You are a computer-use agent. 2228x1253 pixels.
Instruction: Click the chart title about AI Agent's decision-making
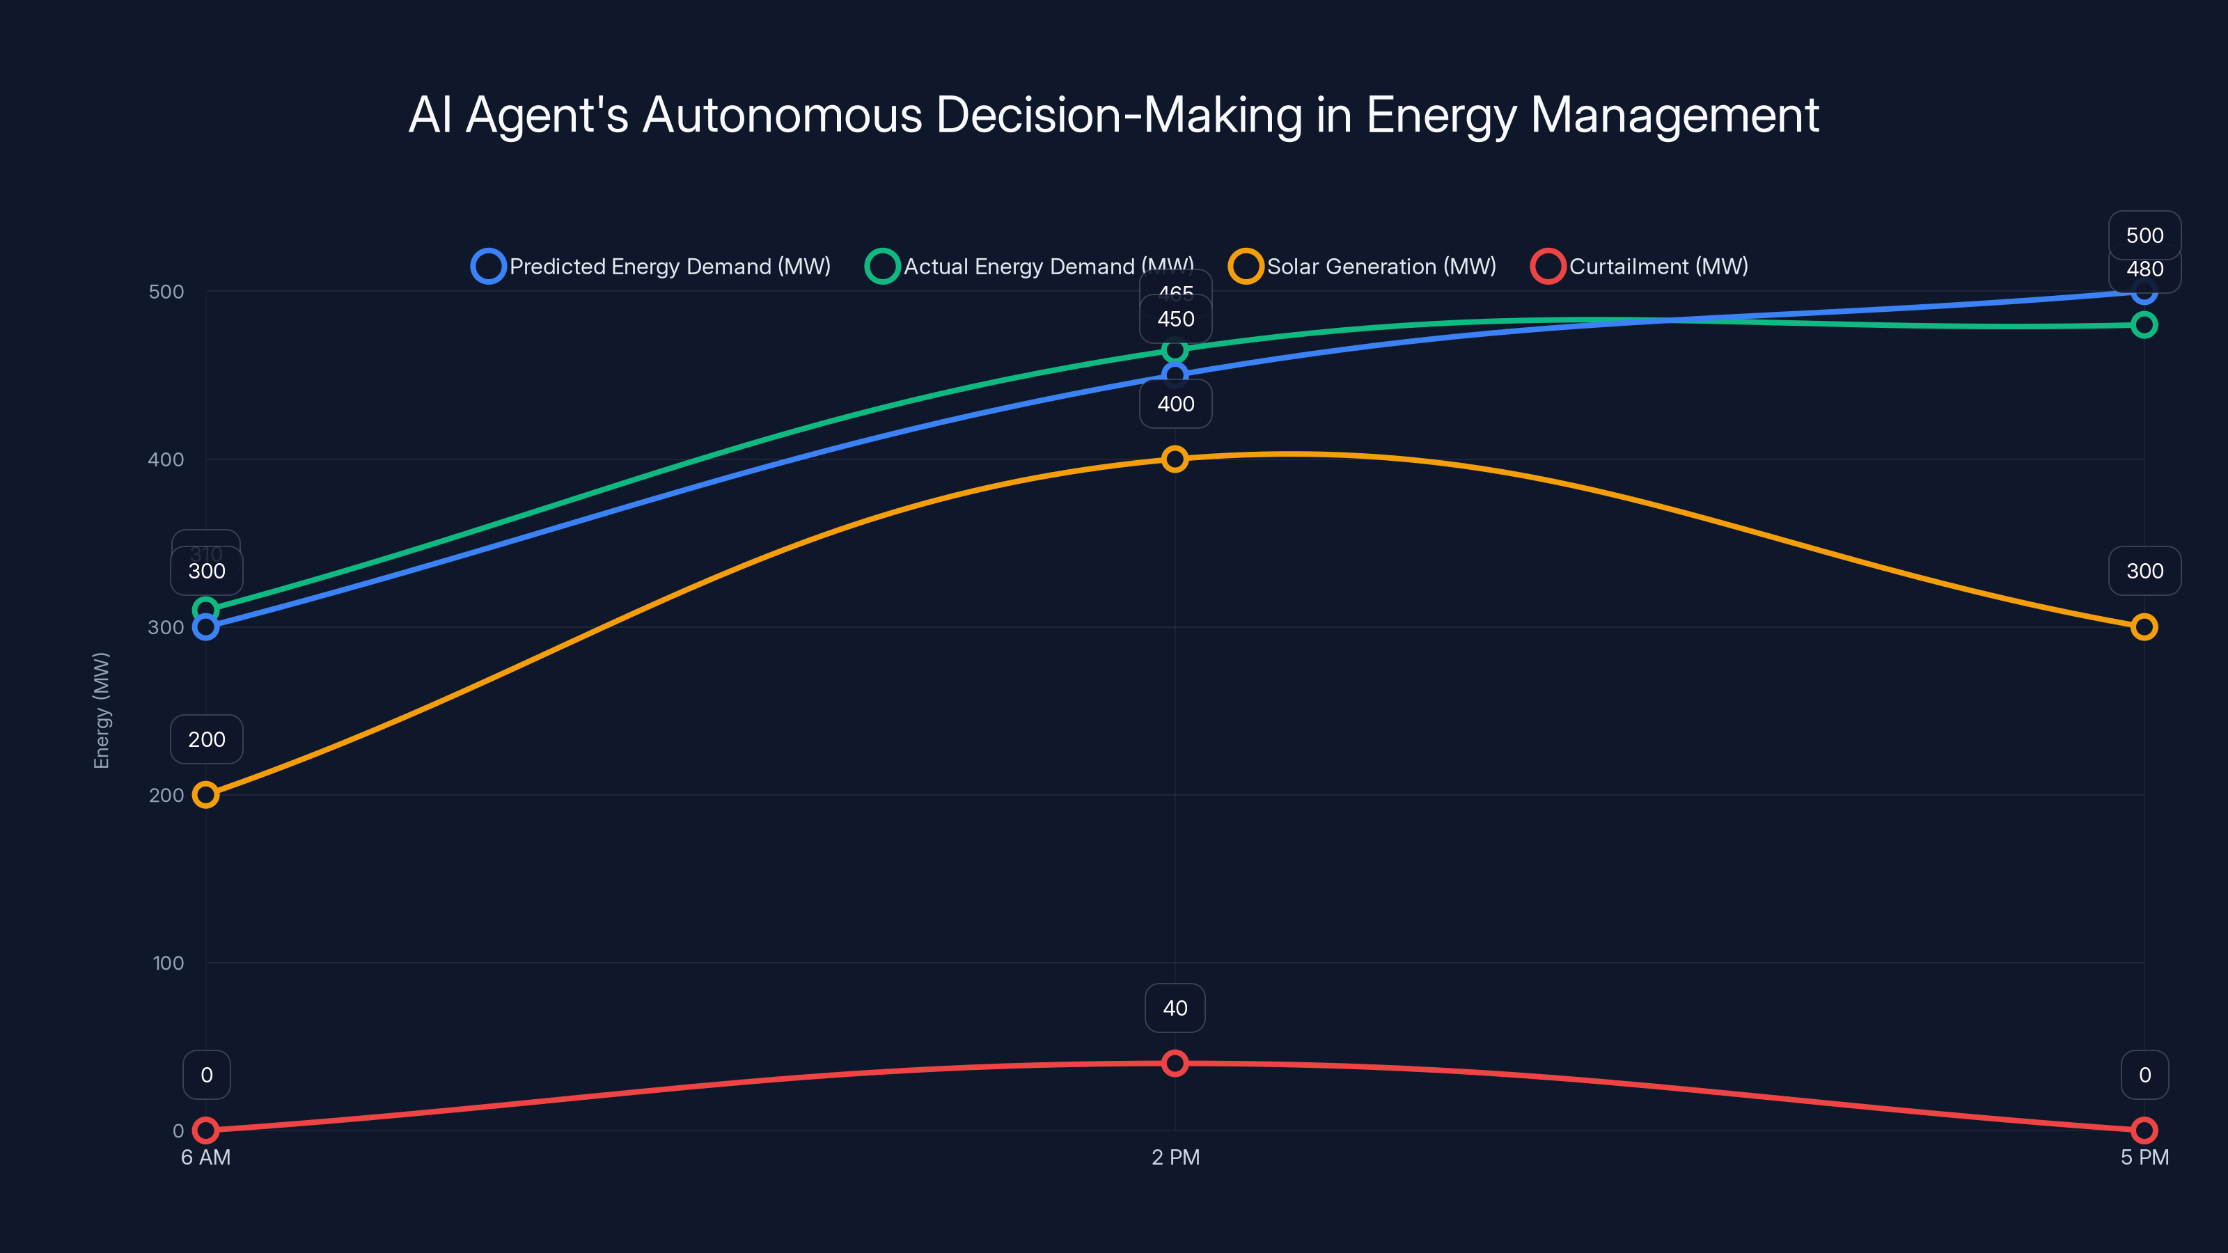click(x=1113, y=115)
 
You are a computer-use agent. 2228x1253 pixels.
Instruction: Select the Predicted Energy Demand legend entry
click(x=651, y=267)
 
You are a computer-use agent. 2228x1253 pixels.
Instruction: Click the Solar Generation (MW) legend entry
click(x=1363, y=267)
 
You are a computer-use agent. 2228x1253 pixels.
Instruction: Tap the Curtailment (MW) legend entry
click(x=1640, y=267)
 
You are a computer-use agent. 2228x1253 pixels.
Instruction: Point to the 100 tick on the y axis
click(x=168, y=963)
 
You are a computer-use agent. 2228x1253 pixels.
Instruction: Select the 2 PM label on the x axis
click(x=1175, y=1158)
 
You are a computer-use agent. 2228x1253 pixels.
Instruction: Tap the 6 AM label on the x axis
click(x=206, y=1158)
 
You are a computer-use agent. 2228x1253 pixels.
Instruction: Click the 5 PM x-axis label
click(x=2144, y=1158)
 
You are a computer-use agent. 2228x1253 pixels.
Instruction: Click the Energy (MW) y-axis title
click(x=102, y=710)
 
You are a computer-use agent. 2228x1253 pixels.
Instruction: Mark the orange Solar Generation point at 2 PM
click(x=1175, y=459)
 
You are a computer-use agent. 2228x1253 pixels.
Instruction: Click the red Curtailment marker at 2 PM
click(x=1175, y=1063)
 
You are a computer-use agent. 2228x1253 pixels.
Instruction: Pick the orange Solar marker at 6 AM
click(x=206, y=795)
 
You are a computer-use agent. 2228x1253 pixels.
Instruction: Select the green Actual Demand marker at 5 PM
click(x=2144, y=325)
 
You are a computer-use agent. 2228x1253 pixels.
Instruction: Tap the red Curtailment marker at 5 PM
click(x=2144, y=1130)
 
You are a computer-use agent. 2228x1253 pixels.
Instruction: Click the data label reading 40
click(x=1175, y=1008)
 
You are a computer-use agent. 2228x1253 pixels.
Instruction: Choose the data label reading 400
click(x=1175, y=404)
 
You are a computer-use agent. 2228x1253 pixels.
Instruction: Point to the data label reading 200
click(x=207, y=739)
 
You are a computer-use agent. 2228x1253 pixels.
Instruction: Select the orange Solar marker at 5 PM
click(x=2144, y=627)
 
